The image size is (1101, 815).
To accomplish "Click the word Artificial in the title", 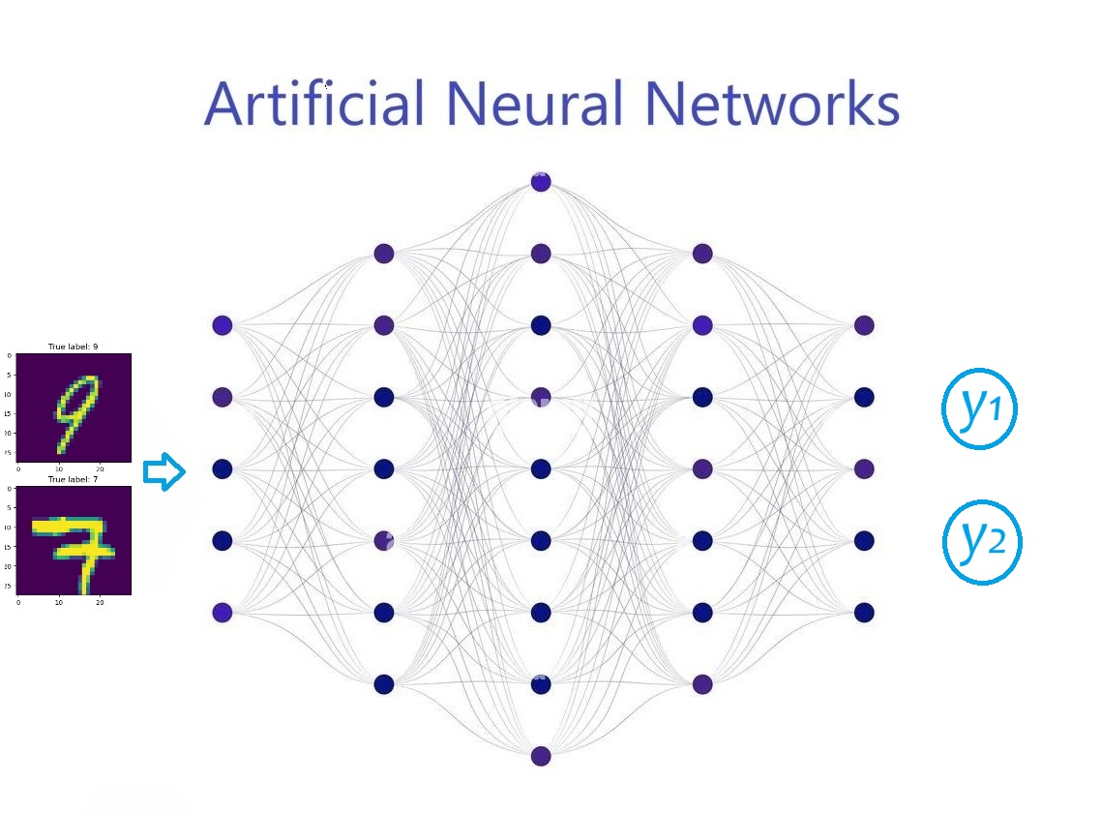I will coord(314,104).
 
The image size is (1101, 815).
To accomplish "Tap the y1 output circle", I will coord(980,408).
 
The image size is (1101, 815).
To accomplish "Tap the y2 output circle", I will coord(982,543).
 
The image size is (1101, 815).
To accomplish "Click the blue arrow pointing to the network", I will coord(164,472).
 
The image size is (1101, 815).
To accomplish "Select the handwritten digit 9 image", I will coord(74,407).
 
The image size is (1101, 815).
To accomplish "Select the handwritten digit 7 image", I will coord(74,540).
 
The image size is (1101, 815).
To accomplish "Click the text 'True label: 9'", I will coord(74,347).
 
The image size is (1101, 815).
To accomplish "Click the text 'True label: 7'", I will coord(74,479).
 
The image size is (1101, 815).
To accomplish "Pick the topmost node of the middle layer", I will coord(541,182).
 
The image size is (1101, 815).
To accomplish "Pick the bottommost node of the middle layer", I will coord(541,756).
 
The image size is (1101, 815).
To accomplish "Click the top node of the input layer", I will coord(223,325).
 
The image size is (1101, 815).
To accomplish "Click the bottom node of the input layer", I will coord(223,612).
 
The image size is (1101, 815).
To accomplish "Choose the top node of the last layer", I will coord(864,325).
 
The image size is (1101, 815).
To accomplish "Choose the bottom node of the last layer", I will coord(864,612).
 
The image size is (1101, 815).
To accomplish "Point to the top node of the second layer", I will coord(384,254).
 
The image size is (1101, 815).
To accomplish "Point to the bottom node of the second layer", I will coord(384,684).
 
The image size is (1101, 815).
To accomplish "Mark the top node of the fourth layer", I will coord(702,254).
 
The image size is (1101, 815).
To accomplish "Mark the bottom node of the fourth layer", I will coord(702,684).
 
